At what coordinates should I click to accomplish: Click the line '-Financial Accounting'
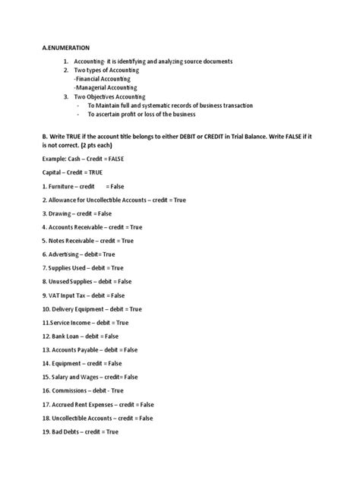102,79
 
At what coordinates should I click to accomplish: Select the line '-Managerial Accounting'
104,88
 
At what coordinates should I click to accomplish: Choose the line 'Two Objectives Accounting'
117,97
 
